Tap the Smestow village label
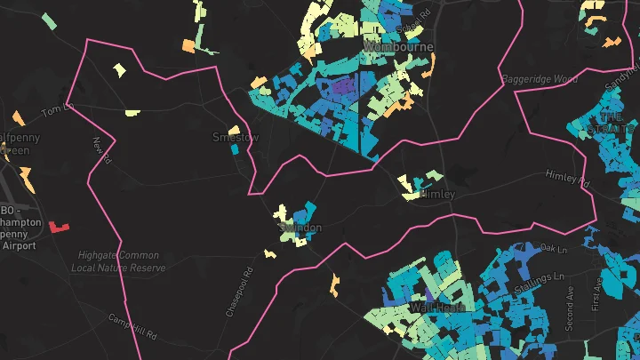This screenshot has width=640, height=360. click(x=236, y=138)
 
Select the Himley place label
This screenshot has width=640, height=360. click(x=436, y=194)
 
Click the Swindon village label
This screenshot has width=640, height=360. click(x=300, y=228)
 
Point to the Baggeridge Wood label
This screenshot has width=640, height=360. click(x=540, y=80)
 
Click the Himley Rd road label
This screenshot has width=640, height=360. click(x=567, y=178)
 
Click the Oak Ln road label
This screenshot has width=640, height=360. click(x=553, y=248)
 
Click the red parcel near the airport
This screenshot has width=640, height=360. click(x=60, y=227)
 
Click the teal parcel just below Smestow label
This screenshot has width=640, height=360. click(x=235, y=150)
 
